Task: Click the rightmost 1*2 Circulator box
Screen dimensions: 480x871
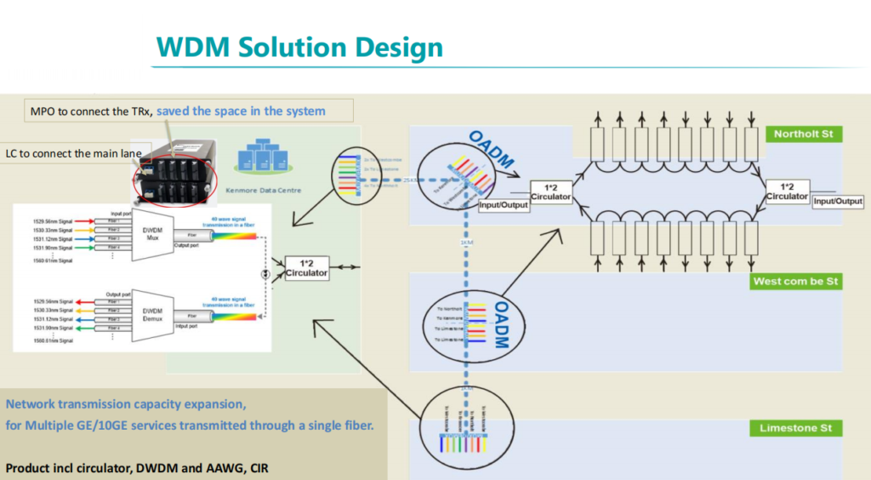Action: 787,191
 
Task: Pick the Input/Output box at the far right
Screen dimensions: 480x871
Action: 838,202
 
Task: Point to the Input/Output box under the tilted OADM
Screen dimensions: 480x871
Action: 504,204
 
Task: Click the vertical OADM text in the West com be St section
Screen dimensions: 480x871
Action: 501,323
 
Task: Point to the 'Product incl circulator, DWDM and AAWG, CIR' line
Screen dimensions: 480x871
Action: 138,467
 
